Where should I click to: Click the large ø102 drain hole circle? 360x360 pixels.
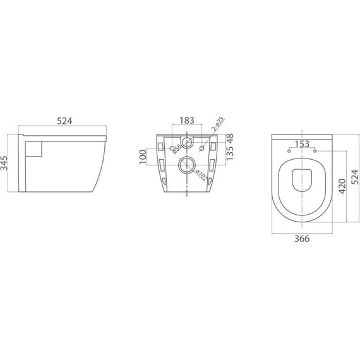[187, 166]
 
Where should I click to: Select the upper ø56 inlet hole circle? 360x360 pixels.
[187, 140]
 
